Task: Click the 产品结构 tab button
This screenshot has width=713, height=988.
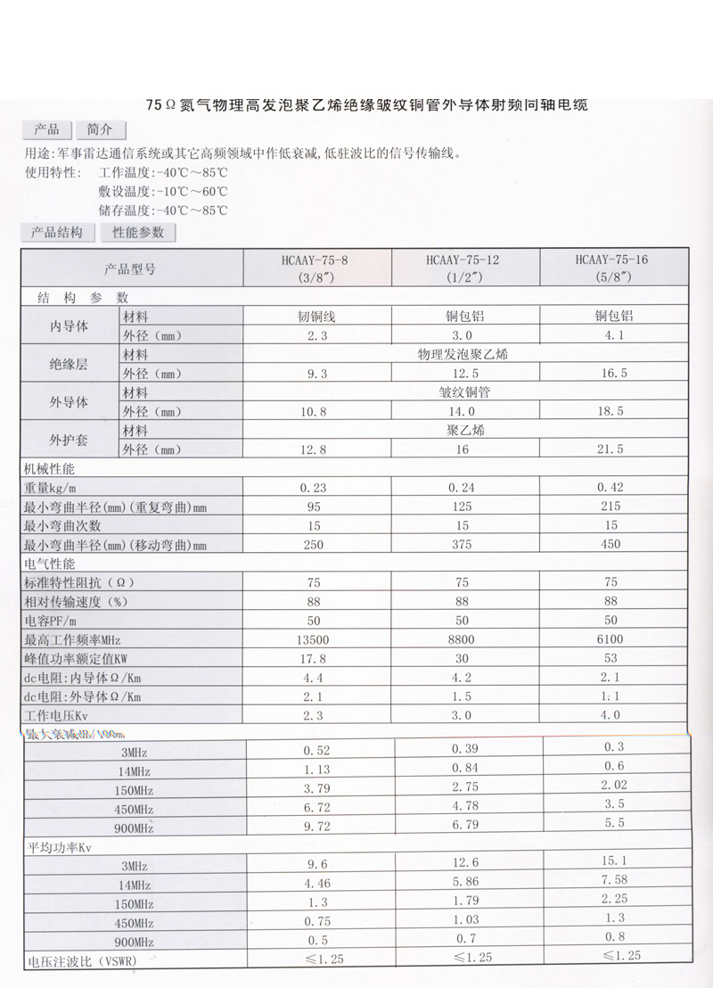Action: click(x=57, y=233)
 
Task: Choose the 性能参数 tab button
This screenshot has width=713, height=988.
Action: click(x=138, y=233)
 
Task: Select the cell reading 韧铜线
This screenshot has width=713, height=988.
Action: click(x=316, y=317)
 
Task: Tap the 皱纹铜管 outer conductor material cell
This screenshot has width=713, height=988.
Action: click(x=464, y=392)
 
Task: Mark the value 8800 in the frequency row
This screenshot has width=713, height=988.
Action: click(x=464, y=639)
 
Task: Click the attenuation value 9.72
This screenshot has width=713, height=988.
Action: click(x=316, y=827)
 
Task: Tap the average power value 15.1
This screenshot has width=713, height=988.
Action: click(x=614, y=861)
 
